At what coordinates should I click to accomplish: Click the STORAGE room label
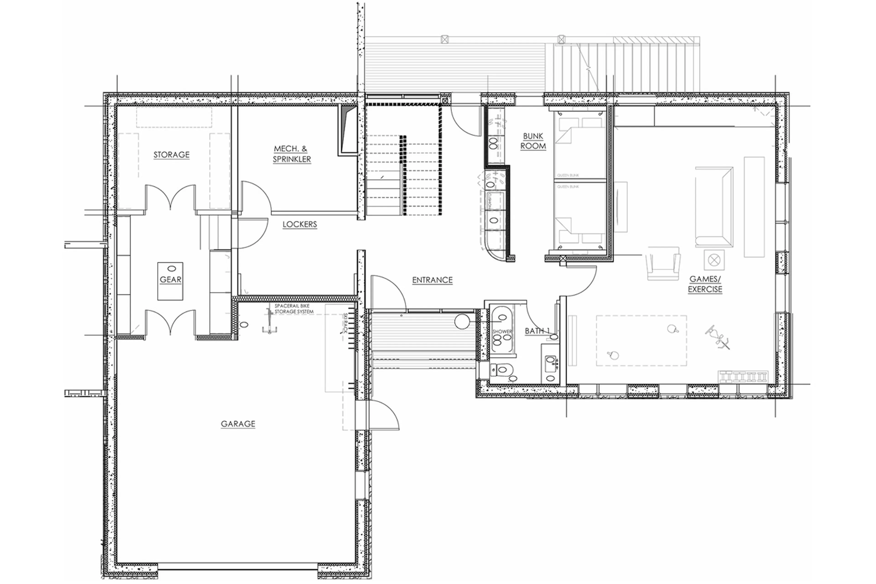click(x=171, y=155)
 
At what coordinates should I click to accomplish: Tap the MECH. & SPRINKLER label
click(x=292, y=154)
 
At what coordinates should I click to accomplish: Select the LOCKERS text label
click(x=300, y=224)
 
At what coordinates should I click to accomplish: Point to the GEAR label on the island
click(x=170, y=279)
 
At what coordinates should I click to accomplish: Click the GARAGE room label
click(x=238, y=424)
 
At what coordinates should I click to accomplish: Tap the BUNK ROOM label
click(x=533, y=141)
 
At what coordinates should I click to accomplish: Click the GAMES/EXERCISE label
click(x=705, y=284)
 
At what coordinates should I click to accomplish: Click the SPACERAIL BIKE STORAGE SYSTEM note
click(x=294, y=309)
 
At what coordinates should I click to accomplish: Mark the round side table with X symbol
click(x=714, y=260)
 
